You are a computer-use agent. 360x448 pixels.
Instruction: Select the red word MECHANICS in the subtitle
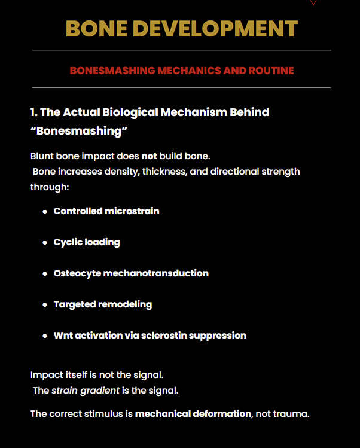188,71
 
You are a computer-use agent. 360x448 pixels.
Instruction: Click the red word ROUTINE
270,71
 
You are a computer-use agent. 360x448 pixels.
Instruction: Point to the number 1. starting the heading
35,112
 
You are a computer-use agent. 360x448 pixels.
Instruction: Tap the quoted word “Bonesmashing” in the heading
79,130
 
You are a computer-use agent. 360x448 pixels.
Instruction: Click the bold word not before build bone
149,157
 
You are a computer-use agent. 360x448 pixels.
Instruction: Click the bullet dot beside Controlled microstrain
45,212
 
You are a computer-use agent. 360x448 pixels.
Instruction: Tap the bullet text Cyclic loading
87,242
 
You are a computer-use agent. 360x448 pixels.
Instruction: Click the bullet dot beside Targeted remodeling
45,305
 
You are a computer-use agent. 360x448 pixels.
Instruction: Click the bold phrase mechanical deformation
193,413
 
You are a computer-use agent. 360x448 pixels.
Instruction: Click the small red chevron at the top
313,2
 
